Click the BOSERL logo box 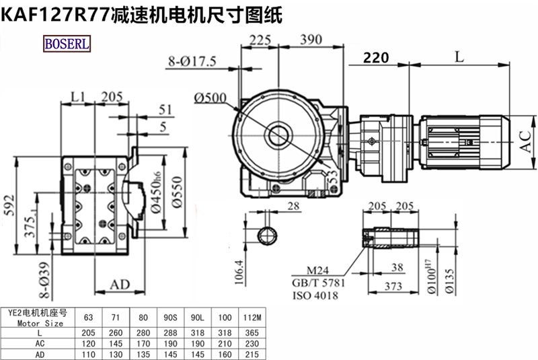click(67, 44)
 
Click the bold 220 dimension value click(376, 58)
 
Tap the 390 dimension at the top click(311, 40)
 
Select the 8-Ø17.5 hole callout click(192, 61)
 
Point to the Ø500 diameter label click(210, 98)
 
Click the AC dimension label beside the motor click(526, 141)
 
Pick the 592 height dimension click(9, 205)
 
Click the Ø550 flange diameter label click(177, 192)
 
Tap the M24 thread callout click(317, 271)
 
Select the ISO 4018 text click(315, 295)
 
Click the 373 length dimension click(393, 286)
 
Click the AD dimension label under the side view click(120, 285)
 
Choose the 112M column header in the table click(252, 318)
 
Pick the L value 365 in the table click(252, 333)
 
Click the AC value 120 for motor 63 click(89, 344)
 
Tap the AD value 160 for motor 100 click(225, 354)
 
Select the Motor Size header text click(40, 323)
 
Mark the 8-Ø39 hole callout click(44, 280)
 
